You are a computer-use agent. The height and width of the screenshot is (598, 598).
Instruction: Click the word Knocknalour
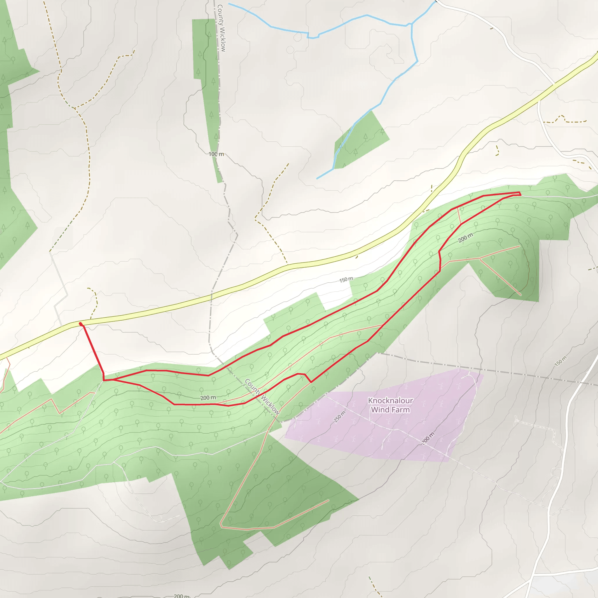coord(390,401)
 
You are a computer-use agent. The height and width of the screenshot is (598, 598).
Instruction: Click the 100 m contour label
coord(216,154)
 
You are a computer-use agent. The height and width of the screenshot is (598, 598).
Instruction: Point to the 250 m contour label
coord(340,417)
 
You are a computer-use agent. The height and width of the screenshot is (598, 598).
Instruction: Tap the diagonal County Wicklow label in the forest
coord(262,397)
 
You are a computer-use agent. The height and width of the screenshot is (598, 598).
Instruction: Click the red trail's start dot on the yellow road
coord(81,324)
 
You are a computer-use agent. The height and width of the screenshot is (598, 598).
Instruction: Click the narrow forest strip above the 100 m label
coord(207,77)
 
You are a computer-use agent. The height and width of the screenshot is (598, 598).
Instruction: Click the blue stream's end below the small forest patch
coord(317,179)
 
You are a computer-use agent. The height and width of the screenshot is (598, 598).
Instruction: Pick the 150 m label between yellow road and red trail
coord(346,279)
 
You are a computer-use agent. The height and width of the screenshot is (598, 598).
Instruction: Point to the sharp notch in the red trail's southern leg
coord(311,382)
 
